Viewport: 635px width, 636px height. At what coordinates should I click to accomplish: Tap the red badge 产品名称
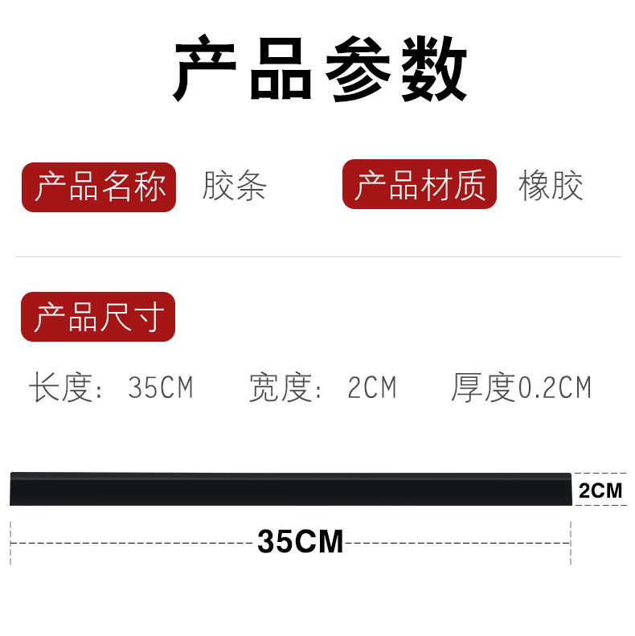point(99,187)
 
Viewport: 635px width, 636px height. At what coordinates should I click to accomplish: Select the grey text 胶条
point(234,187)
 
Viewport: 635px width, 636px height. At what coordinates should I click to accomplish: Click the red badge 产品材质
point(420,185)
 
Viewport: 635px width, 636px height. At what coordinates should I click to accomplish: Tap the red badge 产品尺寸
point(98,317)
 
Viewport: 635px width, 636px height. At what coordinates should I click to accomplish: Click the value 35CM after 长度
point(160,388)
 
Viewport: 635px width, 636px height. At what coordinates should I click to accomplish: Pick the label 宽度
point(280,388)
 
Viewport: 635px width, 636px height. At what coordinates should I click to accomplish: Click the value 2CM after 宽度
point(371,388)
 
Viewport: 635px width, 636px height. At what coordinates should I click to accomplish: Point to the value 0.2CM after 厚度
point(554,388)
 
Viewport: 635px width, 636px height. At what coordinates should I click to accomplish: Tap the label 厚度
point(482,388)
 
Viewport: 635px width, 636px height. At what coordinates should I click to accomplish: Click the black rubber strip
point(289,489)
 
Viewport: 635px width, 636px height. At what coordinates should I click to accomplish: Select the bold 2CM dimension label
point(600,490)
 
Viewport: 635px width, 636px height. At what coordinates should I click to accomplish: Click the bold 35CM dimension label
point(301,542)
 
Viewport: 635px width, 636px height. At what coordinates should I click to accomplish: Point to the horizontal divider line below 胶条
point(317,257)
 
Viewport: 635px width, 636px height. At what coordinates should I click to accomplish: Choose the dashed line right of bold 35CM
point(458,544)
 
